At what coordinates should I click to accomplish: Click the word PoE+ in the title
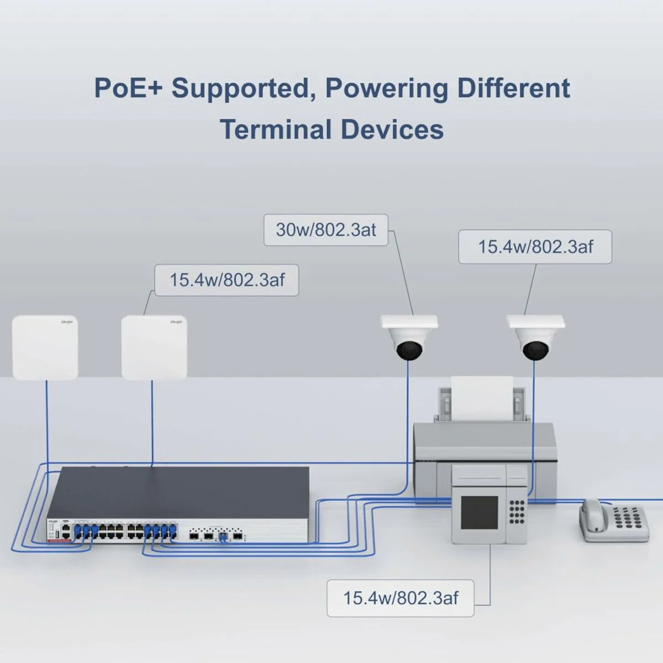[x=128, y=88]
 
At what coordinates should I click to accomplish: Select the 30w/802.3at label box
[x=325, y=230]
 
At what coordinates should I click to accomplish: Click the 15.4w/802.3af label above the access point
[x=227, y=280]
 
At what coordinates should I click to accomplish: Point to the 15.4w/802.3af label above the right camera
[x=535, y=246]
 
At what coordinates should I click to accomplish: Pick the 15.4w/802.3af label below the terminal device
[x=400, y=598]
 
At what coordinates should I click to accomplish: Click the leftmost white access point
[x=45, y=347]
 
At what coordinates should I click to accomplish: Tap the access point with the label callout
[x=154, y=347]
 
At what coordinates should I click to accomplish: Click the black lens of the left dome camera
[x=409, y=349]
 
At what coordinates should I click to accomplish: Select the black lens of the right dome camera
[x=535, y=349]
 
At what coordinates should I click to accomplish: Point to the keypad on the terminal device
[x=517, y=511]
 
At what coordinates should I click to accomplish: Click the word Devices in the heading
[x=392, y=130]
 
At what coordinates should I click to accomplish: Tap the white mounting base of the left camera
[x=409, y=322]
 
